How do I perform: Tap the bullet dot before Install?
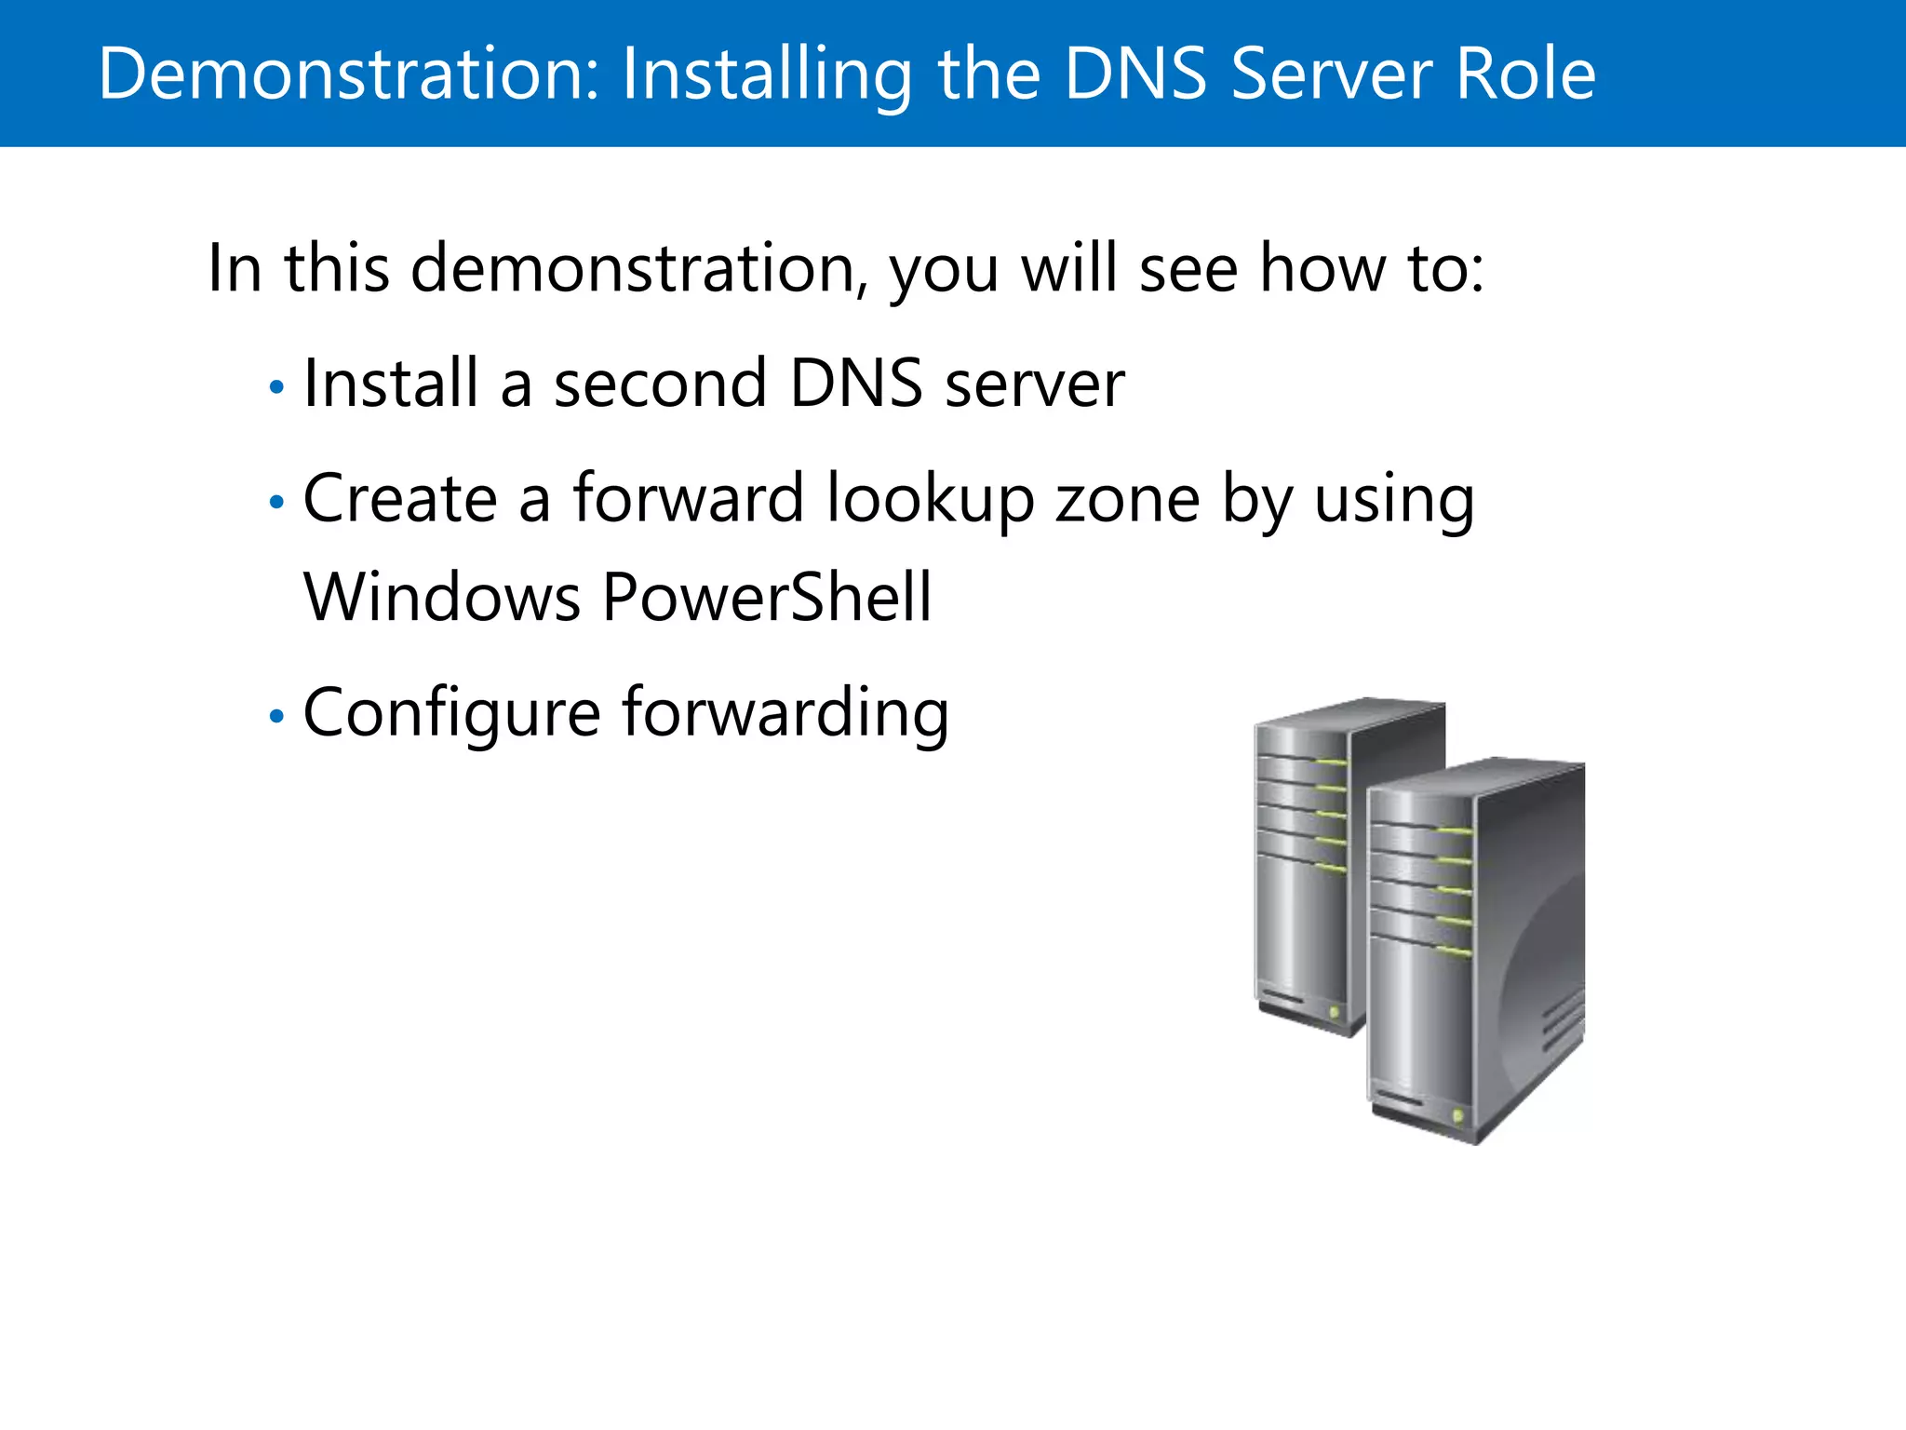tap(275, 387)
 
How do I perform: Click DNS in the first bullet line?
tap(855, 384)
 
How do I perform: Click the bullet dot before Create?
tap(275, 503)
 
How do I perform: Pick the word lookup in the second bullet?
tap(930, 501)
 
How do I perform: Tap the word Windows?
tap(442, 597)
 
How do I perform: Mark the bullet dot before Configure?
tap(275, 716)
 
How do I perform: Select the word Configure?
tap(452, 714)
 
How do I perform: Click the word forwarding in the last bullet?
tap(785, 714)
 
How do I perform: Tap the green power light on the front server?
tap(1456, 1115)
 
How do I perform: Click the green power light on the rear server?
tap(1334, 1011)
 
